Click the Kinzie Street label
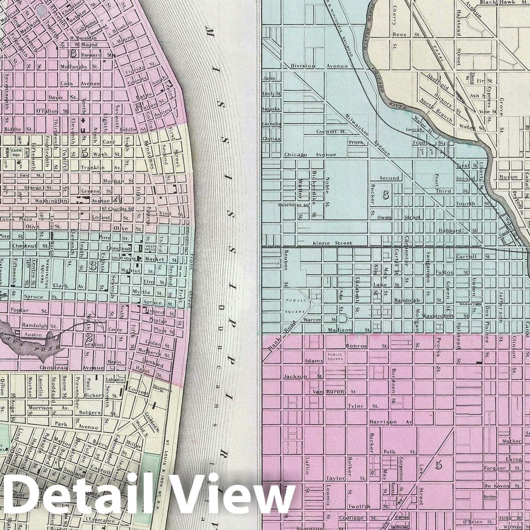tap(332, 243)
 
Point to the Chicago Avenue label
tap(310, 155)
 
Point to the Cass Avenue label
tap(80, 84)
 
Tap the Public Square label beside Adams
tap(335, 357)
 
